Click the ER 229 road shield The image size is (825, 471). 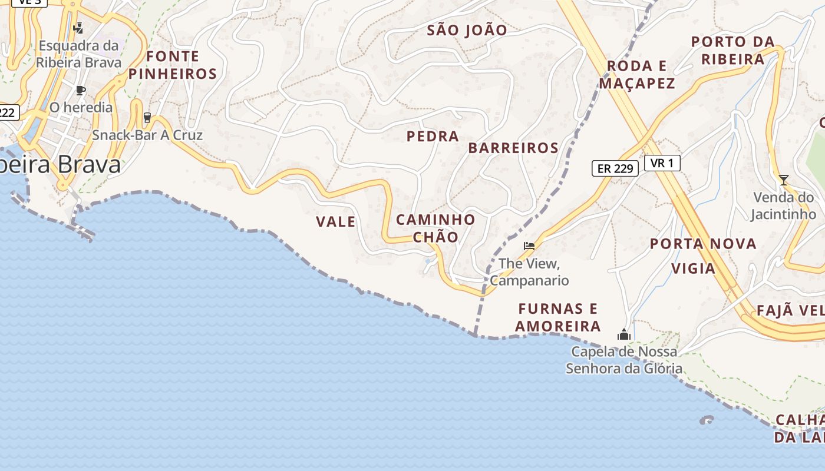coord(615,168)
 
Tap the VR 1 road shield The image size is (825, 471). coord(662,163)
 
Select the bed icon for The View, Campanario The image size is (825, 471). coord(529,246)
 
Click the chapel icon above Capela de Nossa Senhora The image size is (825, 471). coord(623,335)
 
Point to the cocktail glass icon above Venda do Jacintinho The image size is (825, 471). coord(783,180)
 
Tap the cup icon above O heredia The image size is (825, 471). coord(81,90)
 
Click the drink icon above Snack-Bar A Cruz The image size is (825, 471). coord(147,118)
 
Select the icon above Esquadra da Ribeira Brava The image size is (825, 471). coord(78,28)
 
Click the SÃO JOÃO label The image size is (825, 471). coord(467,31)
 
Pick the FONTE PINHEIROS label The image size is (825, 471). coord(173,65)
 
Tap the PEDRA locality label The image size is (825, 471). coord(433,137)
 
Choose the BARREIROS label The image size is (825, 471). coord(513,148)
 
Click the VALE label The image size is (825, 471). coord(336,222)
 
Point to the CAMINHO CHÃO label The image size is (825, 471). coord(435,228)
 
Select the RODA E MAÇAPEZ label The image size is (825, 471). coord(637,75)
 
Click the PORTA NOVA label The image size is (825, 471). coord(703,244)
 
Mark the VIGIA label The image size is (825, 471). coord(694,269)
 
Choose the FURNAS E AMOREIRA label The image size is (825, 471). coord(558,317)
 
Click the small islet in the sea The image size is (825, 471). coord(707,420)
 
